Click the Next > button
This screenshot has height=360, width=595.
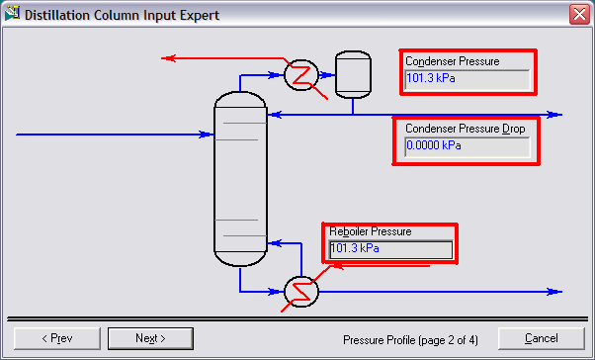[150, 338]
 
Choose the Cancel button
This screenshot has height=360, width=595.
[542, 338]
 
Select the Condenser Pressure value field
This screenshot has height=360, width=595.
[467, 77]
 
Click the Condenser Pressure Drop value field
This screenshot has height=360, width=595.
[467, 146]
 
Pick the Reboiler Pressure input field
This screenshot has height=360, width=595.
[390, 249]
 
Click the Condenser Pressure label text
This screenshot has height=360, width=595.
[452, 61]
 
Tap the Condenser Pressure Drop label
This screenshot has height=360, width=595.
[465, 129]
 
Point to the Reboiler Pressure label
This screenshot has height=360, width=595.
[370, 231]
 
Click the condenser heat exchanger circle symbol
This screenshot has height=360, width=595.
[298, 74]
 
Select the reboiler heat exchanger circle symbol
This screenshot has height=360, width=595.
[298, 291]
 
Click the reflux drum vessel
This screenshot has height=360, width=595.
[350, 73]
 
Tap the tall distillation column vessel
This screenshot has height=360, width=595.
[239, 179]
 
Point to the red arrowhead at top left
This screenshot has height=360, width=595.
[167, 58]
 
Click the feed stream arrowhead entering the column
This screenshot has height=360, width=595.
[209, 134]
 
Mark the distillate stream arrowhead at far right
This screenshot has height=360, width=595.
[556, 115]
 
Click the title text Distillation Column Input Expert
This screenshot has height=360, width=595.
[122, 15]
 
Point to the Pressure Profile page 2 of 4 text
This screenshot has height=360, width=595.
[410, 339]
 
